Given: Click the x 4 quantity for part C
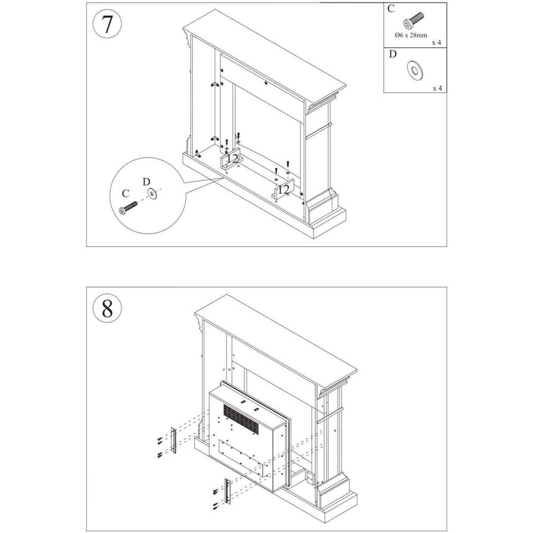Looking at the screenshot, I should [436, 43].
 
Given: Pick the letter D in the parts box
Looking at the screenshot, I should [393, 54].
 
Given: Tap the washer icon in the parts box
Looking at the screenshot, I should [414, 70].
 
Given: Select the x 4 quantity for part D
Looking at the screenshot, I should [437, 88].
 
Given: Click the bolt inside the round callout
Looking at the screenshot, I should [128, 207].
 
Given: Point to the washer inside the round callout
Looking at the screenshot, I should [153, 193].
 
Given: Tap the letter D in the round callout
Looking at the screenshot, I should [146, 181].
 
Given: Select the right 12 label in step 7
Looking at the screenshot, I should [284, 189].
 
